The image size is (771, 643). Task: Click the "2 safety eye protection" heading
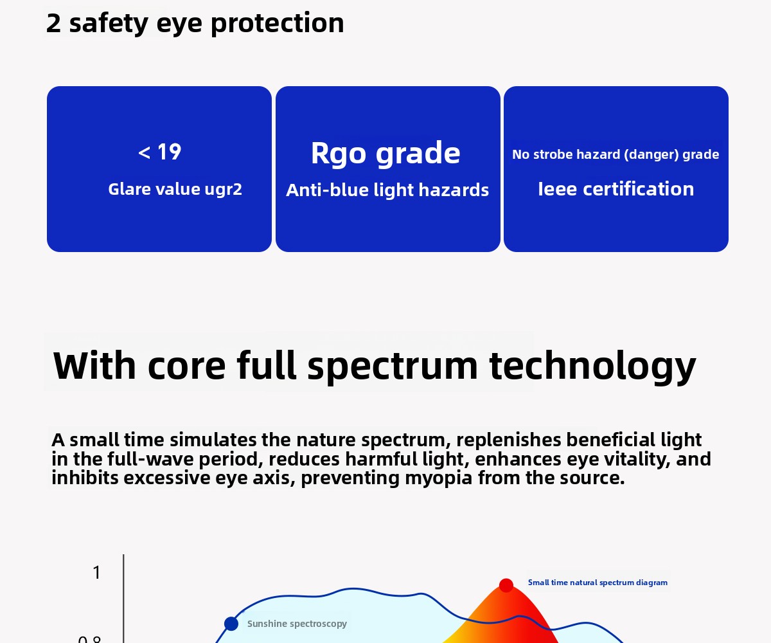(x=195, y=23)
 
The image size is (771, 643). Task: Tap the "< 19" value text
(x=159, y=152)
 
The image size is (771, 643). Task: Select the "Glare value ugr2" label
(x=175, y=190)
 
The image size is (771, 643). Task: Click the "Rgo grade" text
(x=385, y=154)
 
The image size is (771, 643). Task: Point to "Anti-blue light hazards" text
(x=387, y=190)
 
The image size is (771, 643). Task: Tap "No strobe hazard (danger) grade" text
(x=616, y=154)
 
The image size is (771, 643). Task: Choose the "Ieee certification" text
(x=616, y=189)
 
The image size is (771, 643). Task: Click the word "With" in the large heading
(x=94, y=365)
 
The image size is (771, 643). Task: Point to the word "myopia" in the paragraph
(x=439, y=478)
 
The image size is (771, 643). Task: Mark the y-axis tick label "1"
(x=96, y=573)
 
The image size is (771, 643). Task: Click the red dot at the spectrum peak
(x=506, y=585)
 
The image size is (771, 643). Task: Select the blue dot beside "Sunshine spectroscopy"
(x=231, y=624)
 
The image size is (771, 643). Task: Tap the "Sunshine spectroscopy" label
(x=297, y=624)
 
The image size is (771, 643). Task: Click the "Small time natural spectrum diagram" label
(x=598, y=583)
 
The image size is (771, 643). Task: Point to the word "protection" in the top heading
(x=278, y=24)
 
